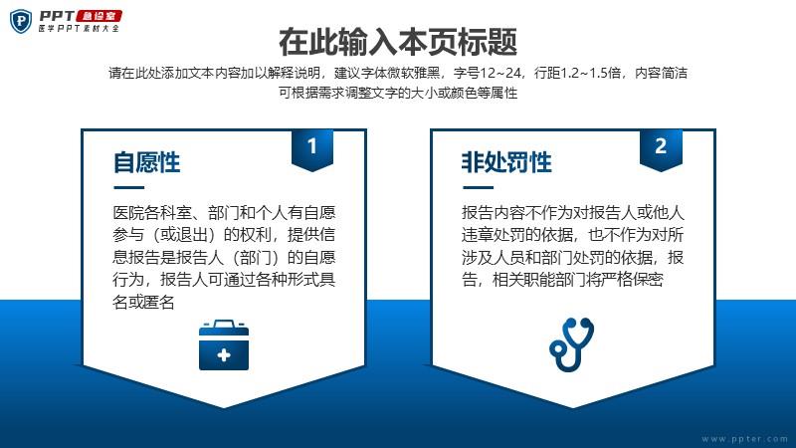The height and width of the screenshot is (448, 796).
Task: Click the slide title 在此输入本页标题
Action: click(x=398, y=42)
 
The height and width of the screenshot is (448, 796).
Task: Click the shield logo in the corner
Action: click(x=21, y=21)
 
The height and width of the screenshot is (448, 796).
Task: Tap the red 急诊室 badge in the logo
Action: click(x=99, y=16)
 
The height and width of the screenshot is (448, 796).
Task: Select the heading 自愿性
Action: click(x=146, y=162)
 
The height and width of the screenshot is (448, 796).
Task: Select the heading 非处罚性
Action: click(x=506, y=162)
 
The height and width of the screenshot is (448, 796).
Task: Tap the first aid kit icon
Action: click(x=224, y=344)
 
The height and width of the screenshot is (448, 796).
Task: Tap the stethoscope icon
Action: click(x=571, y=343)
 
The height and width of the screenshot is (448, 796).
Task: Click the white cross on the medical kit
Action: click(x=224, y=354)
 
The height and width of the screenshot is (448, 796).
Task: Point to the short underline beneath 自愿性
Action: click(x=129, y=187)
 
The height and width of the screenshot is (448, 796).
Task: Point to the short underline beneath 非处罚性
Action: click(x=478, y=187)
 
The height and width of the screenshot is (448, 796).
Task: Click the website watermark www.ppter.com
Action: click(x=744, y=439)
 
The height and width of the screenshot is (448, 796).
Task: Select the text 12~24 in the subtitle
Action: click(x=500, y=73)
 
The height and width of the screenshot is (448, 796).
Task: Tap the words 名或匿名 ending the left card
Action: click(x=143, y=303)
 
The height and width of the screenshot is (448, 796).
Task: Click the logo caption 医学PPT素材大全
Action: click(x=79, y=29)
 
